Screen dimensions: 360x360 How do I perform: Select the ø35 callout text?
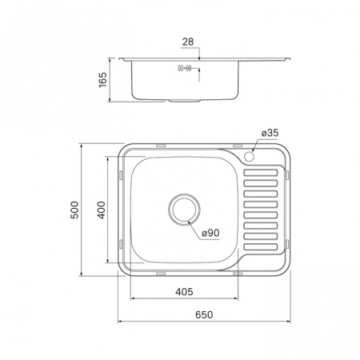coord(270,132)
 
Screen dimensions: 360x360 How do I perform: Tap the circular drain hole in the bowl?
coord(184,210)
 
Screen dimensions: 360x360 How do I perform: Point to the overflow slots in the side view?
coord(185,69)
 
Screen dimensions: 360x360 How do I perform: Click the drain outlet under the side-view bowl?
coord(184,101)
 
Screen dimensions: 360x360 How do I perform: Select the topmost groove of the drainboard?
coord(262,170)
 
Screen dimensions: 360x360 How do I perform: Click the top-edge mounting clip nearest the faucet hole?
coord(238,146)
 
